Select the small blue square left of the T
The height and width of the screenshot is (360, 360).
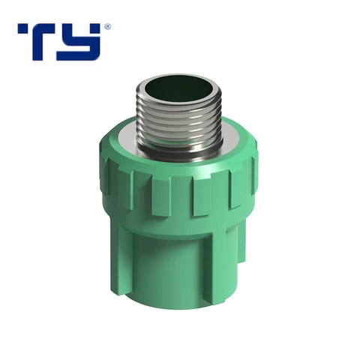pos(22,28)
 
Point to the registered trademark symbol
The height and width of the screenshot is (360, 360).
pos(107,26)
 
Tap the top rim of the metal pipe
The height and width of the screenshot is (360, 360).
pos(179,76)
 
